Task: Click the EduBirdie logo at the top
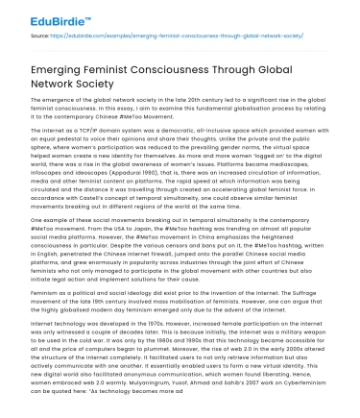53,16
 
